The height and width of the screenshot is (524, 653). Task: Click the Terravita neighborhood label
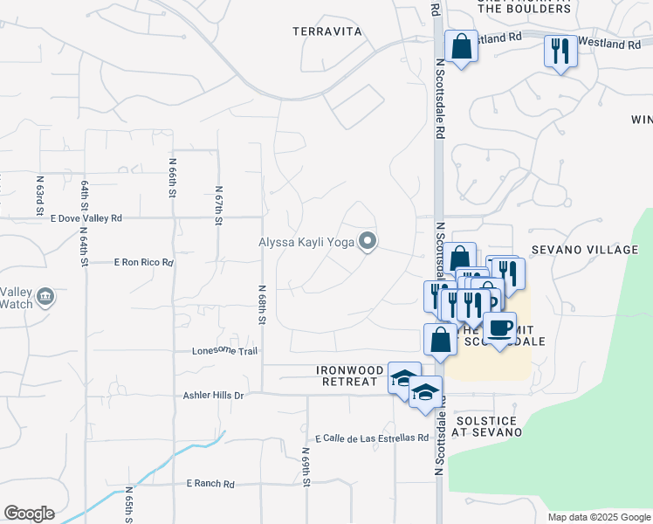point(326,31)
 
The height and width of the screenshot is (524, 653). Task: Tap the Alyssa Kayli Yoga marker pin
point(368,242)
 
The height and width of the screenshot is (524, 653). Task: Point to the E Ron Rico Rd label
point(144,262)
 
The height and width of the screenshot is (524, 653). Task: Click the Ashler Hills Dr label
point(213,395)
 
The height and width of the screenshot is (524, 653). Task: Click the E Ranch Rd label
point(210,483)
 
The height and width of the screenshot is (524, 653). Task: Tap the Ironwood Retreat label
point(350,376)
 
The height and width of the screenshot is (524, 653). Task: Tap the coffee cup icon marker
point(499,328)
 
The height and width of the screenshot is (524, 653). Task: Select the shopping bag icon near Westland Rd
point(460,46)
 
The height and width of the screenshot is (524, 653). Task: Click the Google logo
point(29,514)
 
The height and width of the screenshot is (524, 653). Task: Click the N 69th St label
point(307,467)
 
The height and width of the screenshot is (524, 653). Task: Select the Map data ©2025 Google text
point(598,517)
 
